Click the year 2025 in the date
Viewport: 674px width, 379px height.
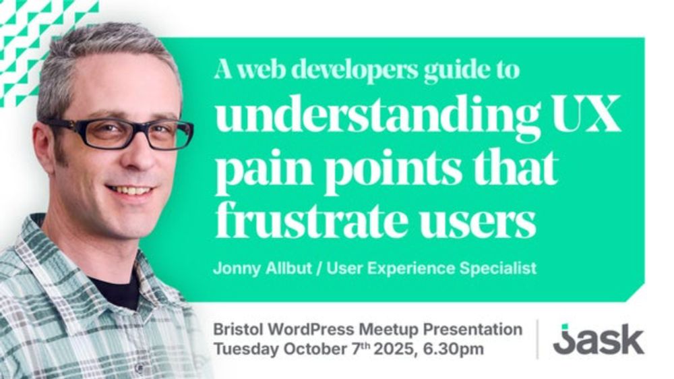(x=394, y=349)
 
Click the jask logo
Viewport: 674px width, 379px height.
(x=599, y=339)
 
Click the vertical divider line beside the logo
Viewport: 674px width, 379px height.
(x=537, y=339)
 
